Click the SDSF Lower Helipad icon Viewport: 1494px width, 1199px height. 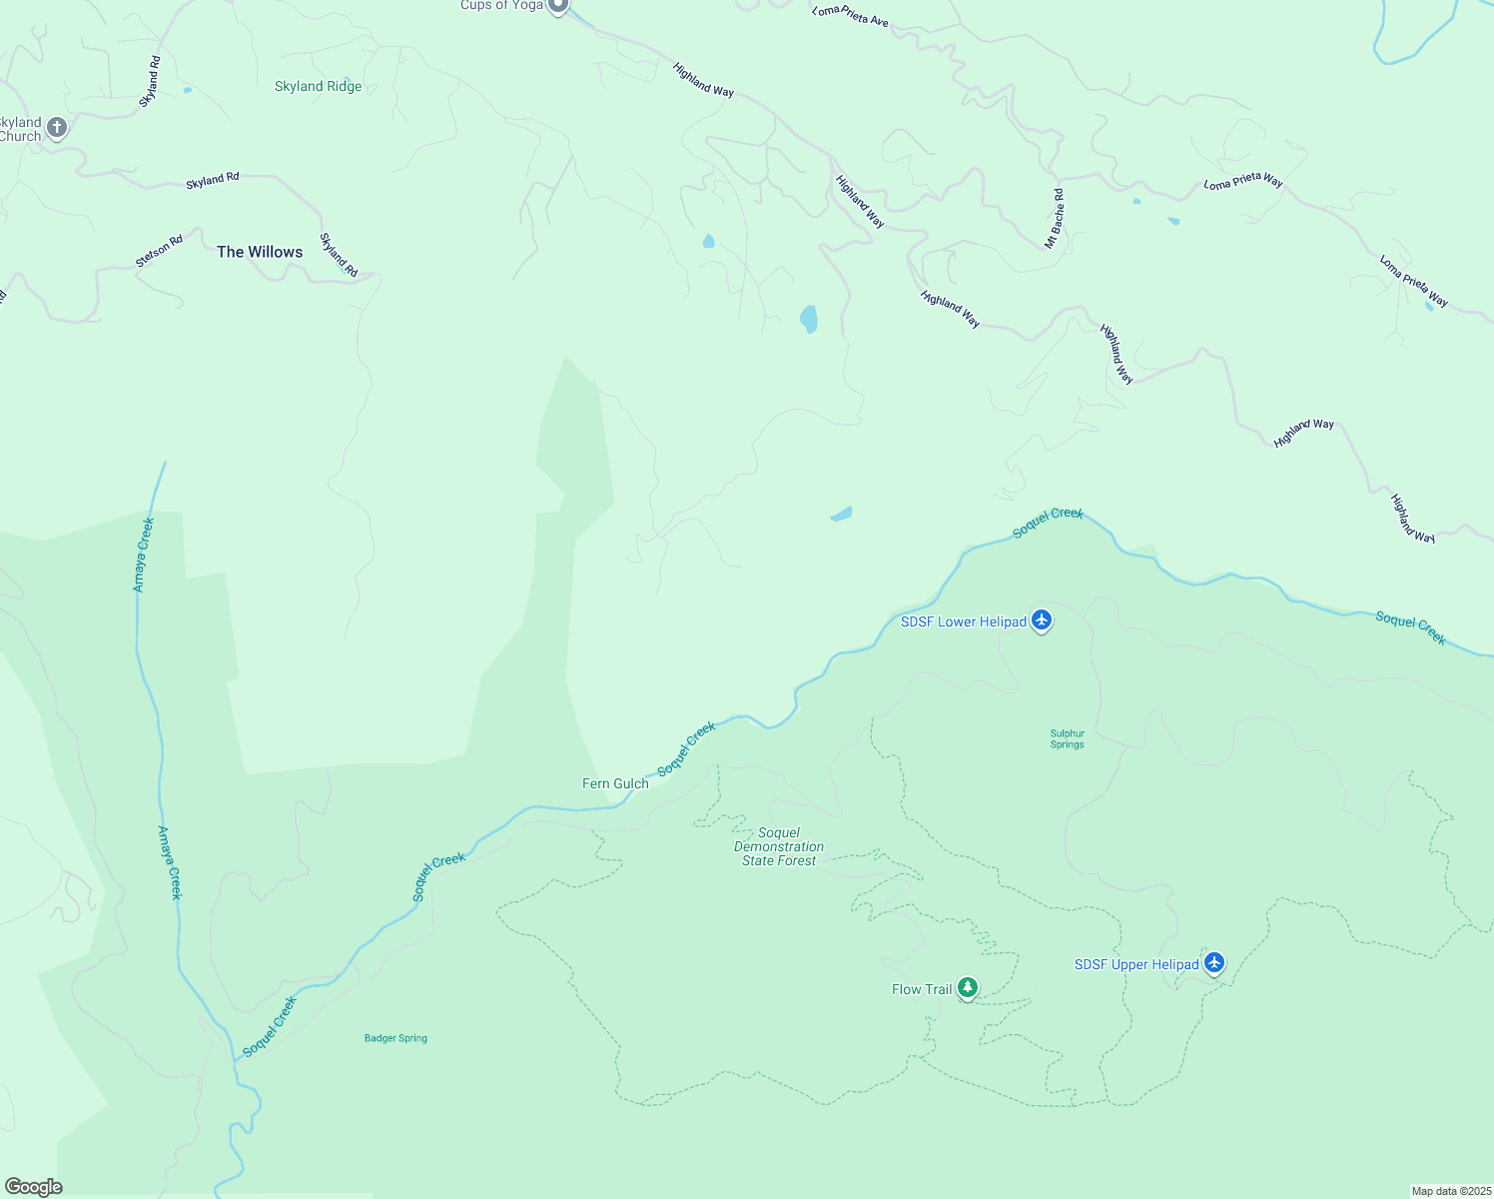click(1042, 620)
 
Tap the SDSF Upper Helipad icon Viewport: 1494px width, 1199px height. click(1214, 962)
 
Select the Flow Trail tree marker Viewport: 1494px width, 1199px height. click(967, 988)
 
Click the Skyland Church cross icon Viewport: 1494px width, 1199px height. click(57, 128)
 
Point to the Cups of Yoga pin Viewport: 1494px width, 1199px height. click(558, 6)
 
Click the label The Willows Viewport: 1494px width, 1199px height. click(260, 252)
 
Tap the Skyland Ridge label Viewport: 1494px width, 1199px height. click(318, 86)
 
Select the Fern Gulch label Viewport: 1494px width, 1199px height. click(615, 783)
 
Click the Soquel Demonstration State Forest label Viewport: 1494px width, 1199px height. click(779, 846)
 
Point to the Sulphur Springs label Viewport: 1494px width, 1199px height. click(1067, 738)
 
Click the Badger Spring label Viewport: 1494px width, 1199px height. click(395, 1038)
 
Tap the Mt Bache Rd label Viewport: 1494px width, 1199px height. click(1055, 219)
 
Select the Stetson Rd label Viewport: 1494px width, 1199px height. click(160, 251)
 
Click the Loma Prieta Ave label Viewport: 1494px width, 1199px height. click(850, 15)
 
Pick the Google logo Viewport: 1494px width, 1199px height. click(34, 1187)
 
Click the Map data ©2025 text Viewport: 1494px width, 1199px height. click(1450, 1191)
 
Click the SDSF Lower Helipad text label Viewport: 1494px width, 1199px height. click(964, 621)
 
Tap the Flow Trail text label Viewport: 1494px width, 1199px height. click(922, 989)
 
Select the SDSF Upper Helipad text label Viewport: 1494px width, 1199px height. click(1136, 964)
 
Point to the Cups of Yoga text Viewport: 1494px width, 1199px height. click(502, 5)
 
